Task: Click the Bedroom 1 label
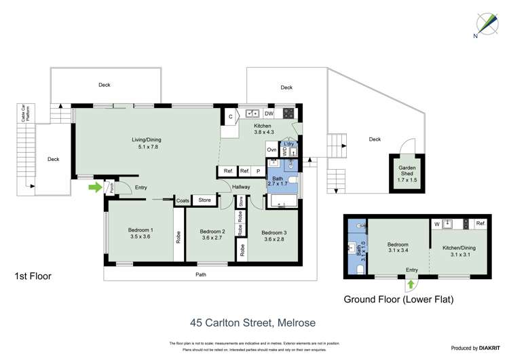point(140,230)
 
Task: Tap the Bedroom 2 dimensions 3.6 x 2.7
point(212,238)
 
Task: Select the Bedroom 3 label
point(274,232)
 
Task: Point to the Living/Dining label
point(147,140)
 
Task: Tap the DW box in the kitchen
point(269,113)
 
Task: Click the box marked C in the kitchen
point(231,117)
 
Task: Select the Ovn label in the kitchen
point(271,149)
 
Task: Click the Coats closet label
point(183,200)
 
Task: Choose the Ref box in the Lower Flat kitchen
point(480,223)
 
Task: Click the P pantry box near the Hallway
point(258,171)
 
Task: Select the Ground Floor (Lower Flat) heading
point(398,299)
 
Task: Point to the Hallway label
point(241,187)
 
